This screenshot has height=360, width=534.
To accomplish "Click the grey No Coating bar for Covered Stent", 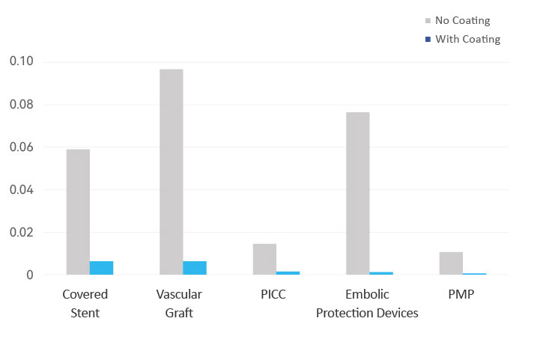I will [x=78, y=212].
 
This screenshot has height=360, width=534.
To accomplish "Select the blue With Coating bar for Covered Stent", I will [x=101, y=268].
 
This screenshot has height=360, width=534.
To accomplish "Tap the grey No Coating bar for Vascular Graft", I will [x=171, y=172].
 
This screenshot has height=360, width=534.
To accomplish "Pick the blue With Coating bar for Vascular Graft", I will [x=195, y=268].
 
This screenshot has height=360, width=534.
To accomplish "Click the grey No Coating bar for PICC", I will [x=264, y=259].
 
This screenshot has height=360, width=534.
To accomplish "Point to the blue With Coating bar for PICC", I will [x=288, y=272].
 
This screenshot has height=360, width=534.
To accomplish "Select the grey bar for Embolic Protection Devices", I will [x=357, y=193].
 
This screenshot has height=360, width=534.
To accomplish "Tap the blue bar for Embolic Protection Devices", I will [x=380, y=273].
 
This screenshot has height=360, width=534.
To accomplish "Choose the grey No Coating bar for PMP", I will [x=451, y=263].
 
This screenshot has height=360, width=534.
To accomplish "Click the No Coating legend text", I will [x=463, y=20].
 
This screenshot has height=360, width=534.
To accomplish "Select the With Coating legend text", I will [x=467, y=39].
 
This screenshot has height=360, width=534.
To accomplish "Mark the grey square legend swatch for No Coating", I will [x=428, y=20].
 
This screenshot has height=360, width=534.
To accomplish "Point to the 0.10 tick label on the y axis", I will [x=22, y=61].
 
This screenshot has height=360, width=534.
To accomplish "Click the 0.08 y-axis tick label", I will [x=22, y=104].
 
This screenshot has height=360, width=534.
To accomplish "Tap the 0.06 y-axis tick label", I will [x=22, y=147].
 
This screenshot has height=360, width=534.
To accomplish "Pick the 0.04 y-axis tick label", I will [x=22, y=189].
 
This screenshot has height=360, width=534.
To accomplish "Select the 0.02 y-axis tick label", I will [x=22, y=232].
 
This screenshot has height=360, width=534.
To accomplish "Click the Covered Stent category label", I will [x=85, y=303].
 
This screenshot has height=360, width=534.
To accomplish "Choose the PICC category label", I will [x=273, y=294].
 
